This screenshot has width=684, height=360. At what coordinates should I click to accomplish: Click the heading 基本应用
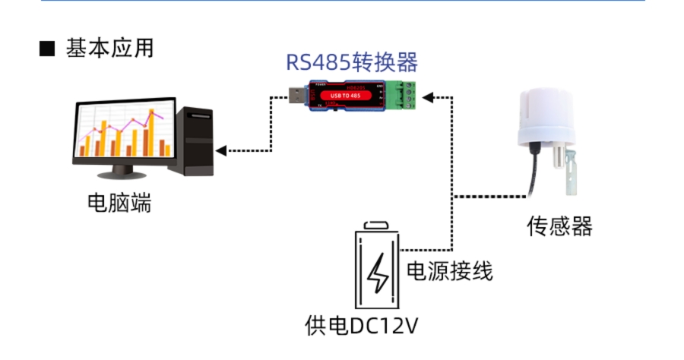[110, 48]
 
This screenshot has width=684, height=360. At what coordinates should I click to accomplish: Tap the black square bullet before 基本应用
[47, 49]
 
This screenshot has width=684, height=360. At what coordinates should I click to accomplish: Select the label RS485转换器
[352, 62]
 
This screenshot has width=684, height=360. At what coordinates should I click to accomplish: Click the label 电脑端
[119, 203]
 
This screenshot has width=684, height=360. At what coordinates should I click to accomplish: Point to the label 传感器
[559, 226]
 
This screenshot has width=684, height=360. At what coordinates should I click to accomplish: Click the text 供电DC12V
[361, 325]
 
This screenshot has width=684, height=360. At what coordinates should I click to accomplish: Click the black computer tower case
[195, 141]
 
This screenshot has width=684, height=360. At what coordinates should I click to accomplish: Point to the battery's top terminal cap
[377, 226]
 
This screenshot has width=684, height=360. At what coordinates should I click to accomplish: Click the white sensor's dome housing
[545, 118]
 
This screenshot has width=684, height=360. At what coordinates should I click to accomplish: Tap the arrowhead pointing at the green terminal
[427, 96]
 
